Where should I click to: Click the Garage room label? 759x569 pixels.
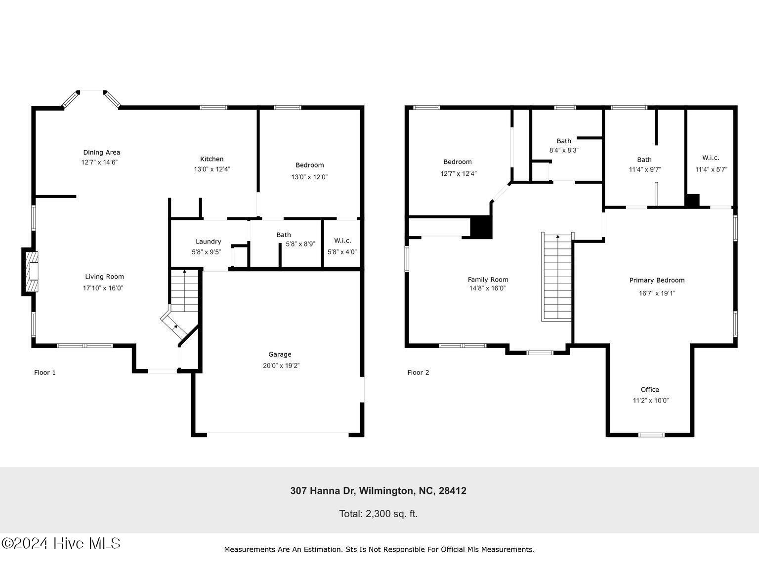[280, 354]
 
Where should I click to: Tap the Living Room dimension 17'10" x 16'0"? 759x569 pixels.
[103, 288]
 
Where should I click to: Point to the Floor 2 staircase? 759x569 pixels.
[557, 277]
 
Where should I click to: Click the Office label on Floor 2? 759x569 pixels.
[650, 390]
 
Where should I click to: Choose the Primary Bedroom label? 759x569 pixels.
[657, 281]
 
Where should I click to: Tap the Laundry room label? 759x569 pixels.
[208, 242]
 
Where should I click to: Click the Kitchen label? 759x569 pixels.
[211, 159]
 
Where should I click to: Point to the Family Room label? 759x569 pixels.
[488, 280]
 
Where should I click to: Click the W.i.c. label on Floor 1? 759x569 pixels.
[342, 241]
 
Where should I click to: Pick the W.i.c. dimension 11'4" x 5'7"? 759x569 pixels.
[711, 169]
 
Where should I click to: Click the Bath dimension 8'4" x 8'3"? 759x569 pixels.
[564, 150]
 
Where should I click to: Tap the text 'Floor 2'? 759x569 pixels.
[418, 372]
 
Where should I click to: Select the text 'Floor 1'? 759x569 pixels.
[44, 372]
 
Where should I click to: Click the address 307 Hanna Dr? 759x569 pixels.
[378, 491]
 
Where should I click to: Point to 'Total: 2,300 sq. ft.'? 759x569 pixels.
[378, 514]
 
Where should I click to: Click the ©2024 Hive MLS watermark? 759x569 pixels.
[61, 543]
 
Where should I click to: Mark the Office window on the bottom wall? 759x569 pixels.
[651, 435]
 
